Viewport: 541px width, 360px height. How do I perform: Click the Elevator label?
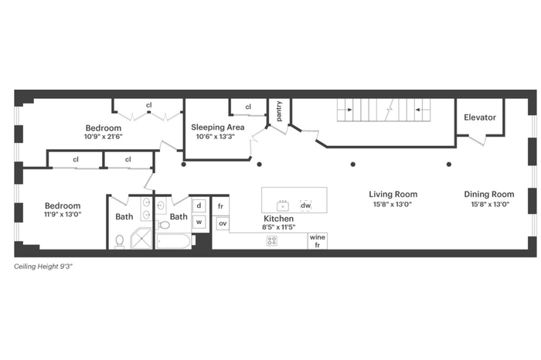tap(480, 117)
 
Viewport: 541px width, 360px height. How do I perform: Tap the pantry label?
tap(279, 111)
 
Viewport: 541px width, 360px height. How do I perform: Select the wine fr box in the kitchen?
tap(318, 241)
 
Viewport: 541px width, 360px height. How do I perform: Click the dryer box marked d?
tap(199, 205)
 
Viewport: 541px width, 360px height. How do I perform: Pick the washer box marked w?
tap(199, 222)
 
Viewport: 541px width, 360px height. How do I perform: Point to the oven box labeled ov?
tap(223, 223)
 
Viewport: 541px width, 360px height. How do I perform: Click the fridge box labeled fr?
tap(220, 206)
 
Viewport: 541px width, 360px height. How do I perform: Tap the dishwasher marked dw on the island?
tap(306, 205)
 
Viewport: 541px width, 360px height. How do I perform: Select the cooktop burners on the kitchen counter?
tap(272, 241)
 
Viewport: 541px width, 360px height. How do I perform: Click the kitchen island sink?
tap(283, 205)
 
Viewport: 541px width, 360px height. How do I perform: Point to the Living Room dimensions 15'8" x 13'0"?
tap(393, 204)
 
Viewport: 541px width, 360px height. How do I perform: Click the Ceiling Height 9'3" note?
tap(43, 267)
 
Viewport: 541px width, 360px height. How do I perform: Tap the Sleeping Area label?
tap(218, 127)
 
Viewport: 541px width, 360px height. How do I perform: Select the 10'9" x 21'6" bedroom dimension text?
tap(103, 137)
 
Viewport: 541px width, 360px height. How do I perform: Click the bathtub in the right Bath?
tap(173, 241)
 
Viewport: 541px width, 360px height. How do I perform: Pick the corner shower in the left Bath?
tap(141, 238)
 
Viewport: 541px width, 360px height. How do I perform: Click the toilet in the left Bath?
tap(120, 241)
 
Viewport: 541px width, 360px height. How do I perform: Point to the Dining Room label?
tap(489, 194)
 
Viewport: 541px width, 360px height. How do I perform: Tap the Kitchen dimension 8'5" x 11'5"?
tap(279, 227)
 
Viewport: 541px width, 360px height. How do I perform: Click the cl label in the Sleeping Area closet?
tap(248, 107)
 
